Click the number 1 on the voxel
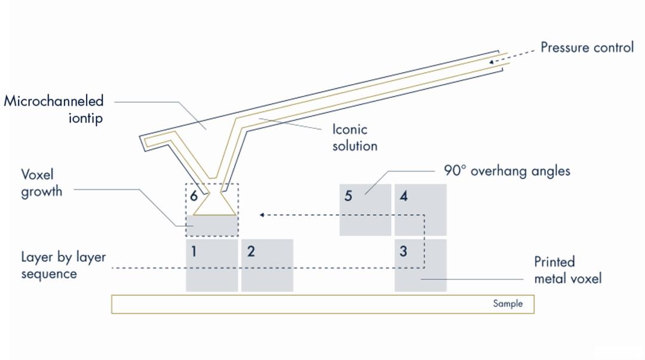pyautogui.click(x=193, y=251)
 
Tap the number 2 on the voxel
pyautogui.click(x=251, y=251)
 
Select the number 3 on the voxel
pyautogui.click(x=404, y=251)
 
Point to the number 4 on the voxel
pyautogui.click(x=404, y=196)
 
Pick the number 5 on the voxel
pyautogui.click(x=348, y=196)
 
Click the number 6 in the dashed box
pyautogui.click(x=193, y=196)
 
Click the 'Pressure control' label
pyautogui.click(x=587, y=47)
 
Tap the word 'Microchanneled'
pyautogui.click(x=54, y=101)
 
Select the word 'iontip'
pyautogui.click(x=85, y=118)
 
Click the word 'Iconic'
pyautogui.click(x=349, y=129)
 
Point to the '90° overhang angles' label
pyautogui.click(x=507, y=171)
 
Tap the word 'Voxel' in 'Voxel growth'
pyautogui.click(x=38, y=174)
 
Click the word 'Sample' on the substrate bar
pyautogui.click(x=508, y=304)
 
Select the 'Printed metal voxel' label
pyautogui.click(x=568, y=270)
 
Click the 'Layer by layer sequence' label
pyautogui.click(x=64, y=265)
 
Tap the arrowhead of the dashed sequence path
pyautogui.click(x=262, y=215)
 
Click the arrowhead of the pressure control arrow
pyautogui.click(x=492, y=62)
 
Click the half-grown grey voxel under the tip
pyautogui.click(x=212, y=226)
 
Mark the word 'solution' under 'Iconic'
pyautogui.click(x=355, y=146)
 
